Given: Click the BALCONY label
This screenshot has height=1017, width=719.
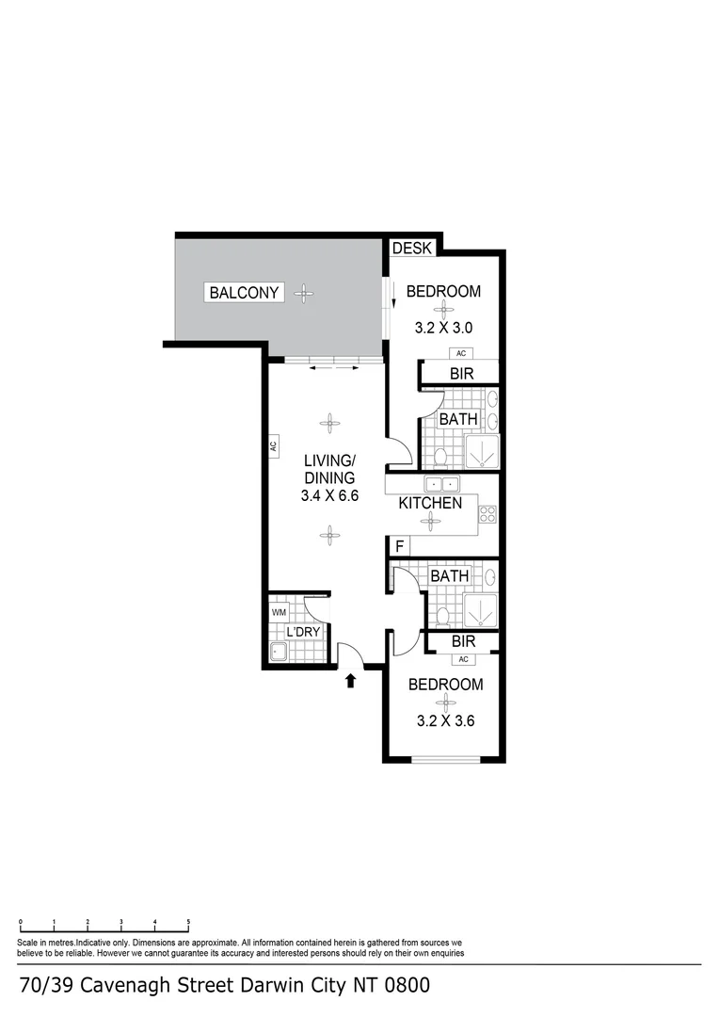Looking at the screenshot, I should (x=244, y=293).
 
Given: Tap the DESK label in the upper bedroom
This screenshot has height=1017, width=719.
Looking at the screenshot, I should (x=411, y=249).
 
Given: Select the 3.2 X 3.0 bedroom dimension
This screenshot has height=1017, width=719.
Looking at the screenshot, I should (x=442, y=329).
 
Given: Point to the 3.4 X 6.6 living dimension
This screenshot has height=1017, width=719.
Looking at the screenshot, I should (x=329, y=496).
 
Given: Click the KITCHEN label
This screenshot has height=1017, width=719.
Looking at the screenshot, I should (x=430, y=503).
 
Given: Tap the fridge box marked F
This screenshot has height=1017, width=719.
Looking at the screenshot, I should (x=399, y=546).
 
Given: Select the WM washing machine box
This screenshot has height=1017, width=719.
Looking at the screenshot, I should (x=279, y=612).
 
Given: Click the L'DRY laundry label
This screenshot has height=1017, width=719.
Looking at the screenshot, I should (x=304, y=632).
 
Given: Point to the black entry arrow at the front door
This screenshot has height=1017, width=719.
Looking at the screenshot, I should (x=350, y=680).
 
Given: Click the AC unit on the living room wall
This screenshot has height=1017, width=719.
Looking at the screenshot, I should (x=272, y=445).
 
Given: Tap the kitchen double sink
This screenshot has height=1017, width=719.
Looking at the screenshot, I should (x=440, y=485).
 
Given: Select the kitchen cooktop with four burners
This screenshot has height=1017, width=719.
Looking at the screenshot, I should (x=487, y=514).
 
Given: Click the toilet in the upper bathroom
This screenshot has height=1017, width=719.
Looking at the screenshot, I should (x=440, y=458).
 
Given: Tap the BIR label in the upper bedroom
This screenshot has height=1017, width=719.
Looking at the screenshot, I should (x=460, y=374).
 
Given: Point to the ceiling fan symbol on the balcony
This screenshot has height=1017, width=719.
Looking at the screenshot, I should (x=303, y=293).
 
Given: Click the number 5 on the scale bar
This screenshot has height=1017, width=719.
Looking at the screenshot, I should (x=189, y=923).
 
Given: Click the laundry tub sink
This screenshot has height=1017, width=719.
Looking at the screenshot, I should (x=278, y=652).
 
